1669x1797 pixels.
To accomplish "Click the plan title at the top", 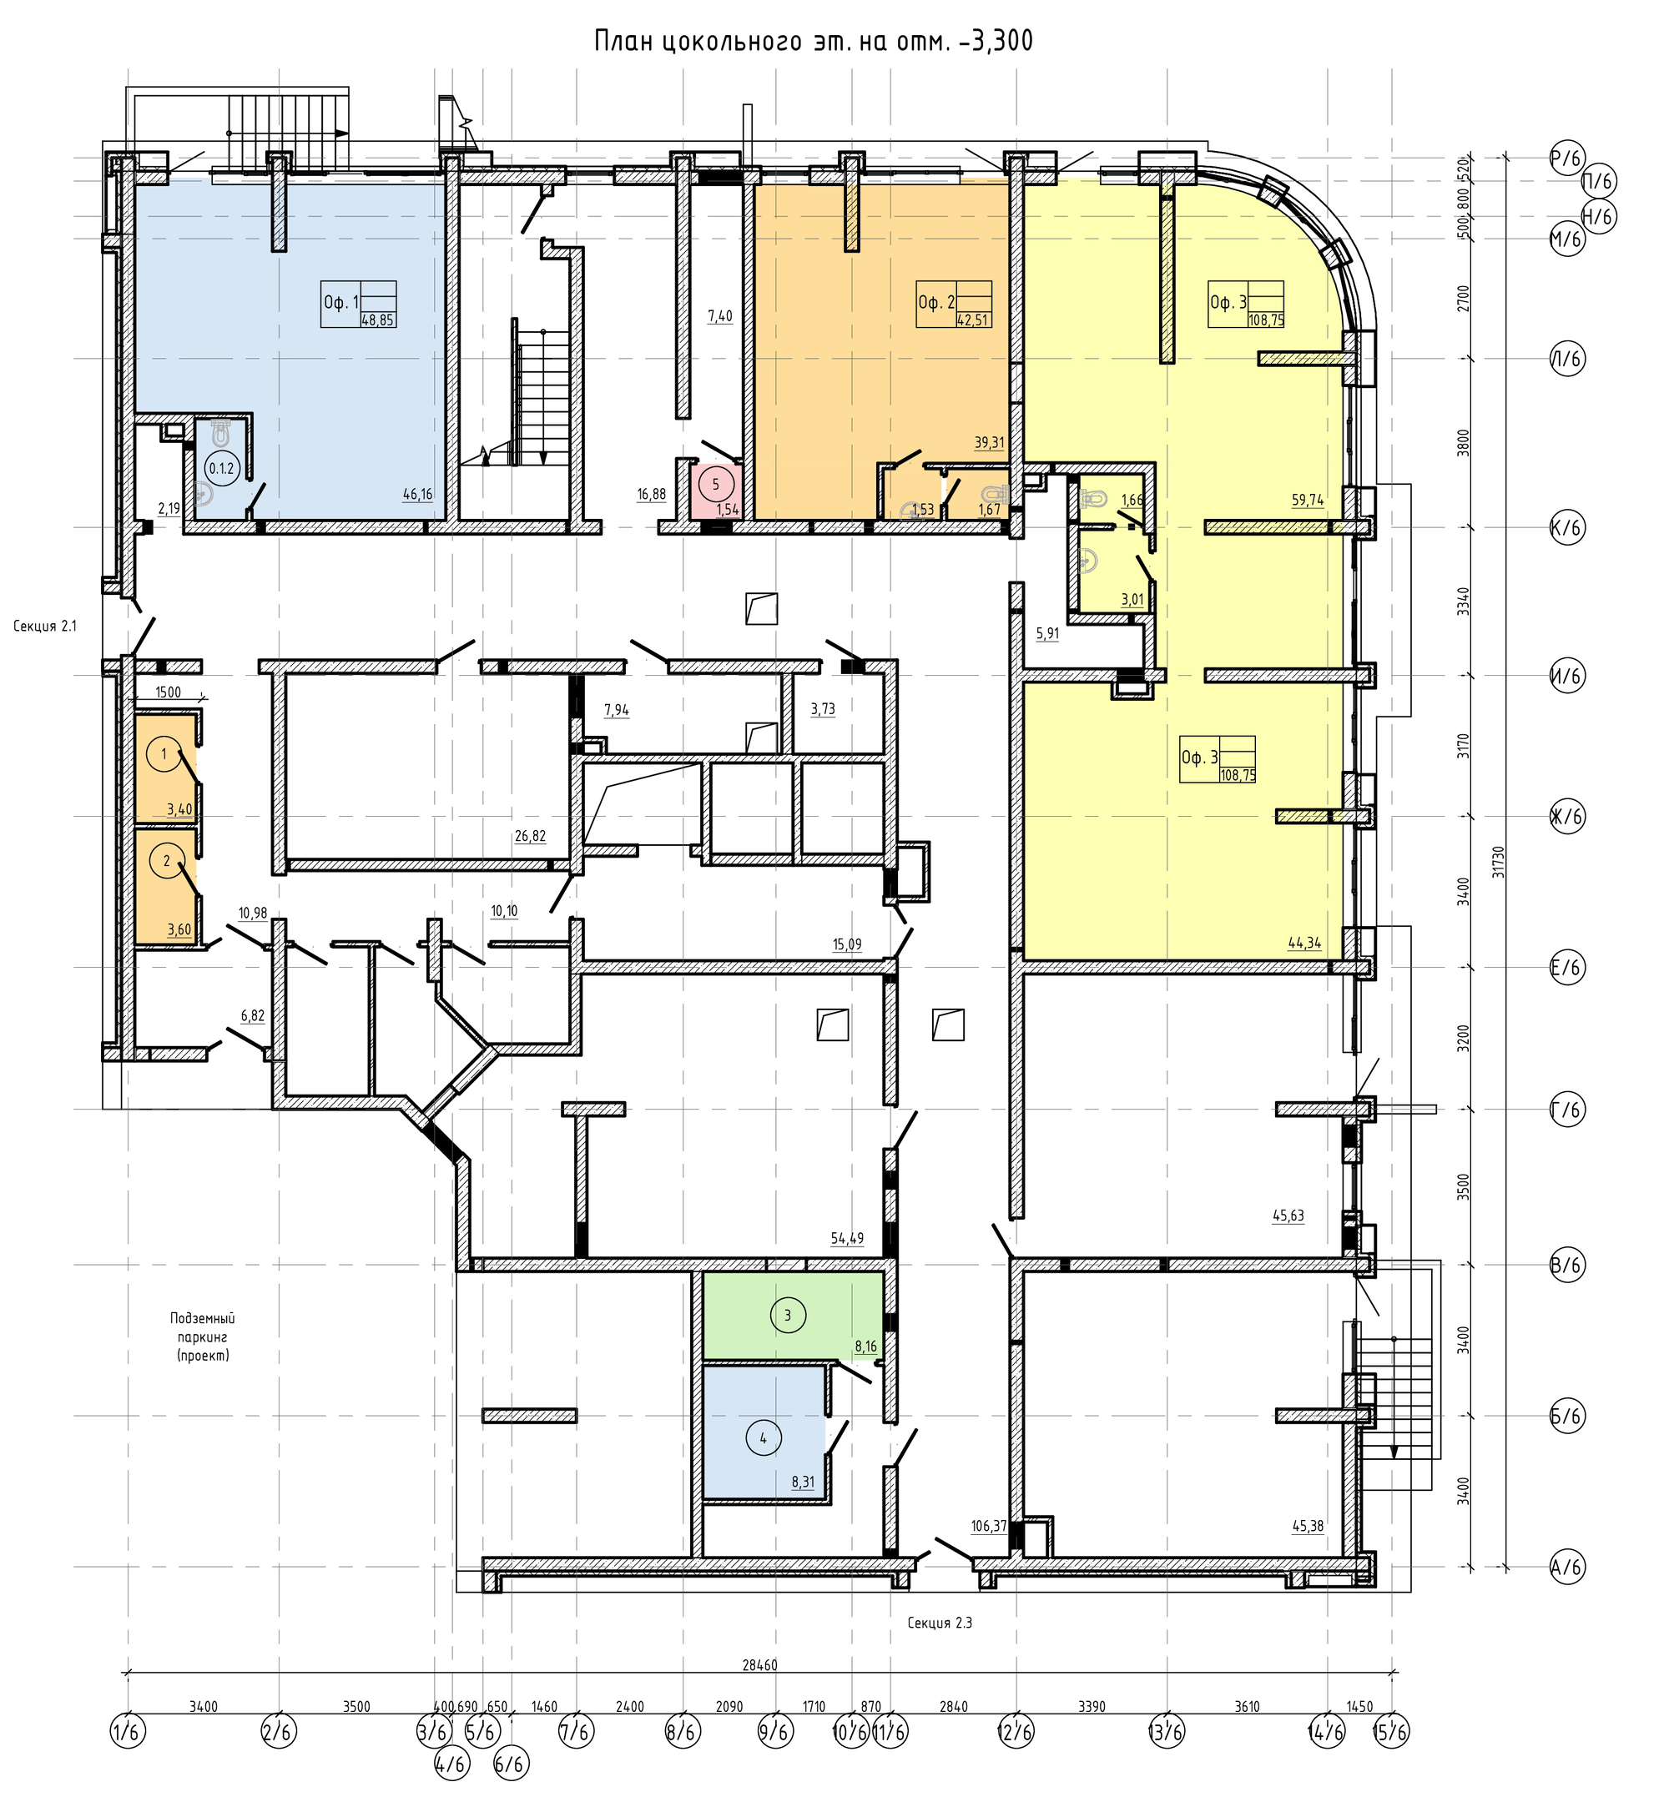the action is [x=814, y=42].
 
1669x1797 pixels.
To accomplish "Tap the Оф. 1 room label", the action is [x=340, y=303].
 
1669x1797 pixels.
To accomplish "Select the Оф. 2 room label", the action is [x=935, y=303].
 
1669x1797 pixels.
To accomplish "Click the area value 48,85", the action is [x=377, y=320].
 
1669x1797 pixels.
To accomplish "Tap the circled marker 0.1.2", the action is [x=221, y=469].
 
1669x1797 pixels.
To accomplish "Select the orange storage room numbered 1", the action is [x=165, y=768].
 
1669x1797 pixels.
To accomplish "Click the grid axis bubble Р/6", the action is [x=1567, y=160].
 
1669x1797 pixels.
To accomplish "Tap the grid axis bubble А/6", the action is [x=1567, y=1567].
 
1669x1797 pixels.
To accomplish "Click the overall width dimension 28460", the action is [x=759, y=1665].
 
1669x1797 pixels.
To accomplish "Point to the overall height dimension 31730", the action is [x=1498, y=862].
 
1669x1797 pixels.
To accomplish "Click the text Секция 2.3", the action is [x=940, y=1623].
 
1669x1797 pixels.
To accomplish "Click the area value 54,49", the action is [x=847, y=1238].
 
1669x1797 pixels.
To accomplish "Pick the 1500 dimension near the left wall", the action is [x=168, y=692].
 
